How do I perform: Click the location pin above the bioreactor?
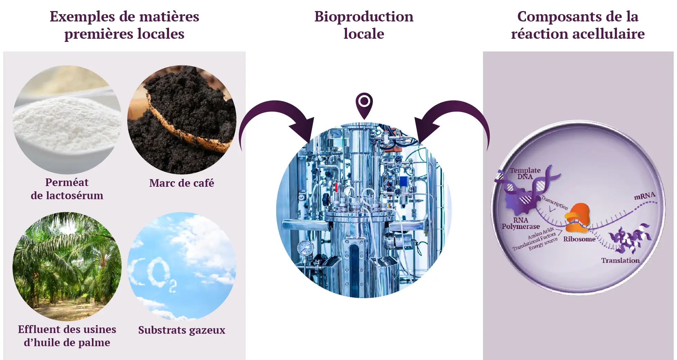[x=364, y=104]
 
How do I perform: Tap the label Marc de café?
[x=181, y=183]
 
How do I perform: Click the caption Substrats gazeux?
[x=181, y=330]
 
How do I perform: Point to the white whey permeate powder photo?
[x=67, y=119]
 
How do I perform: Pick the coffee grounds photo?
[x=181, y=119]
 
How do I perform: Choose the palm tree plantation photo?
[x=67, y=266]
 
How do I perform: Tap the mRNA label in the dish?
[x=645, y=196]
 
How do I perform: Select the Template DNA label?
[x=525, y=173]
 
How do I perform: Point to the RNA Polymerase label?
[x=520, y=223]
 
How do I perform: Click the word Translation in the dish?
[x=620, y=260]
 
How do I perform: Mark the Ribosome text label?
[x=579, y=239]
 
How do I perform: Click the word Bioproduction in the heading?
[x=364, y=17]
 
